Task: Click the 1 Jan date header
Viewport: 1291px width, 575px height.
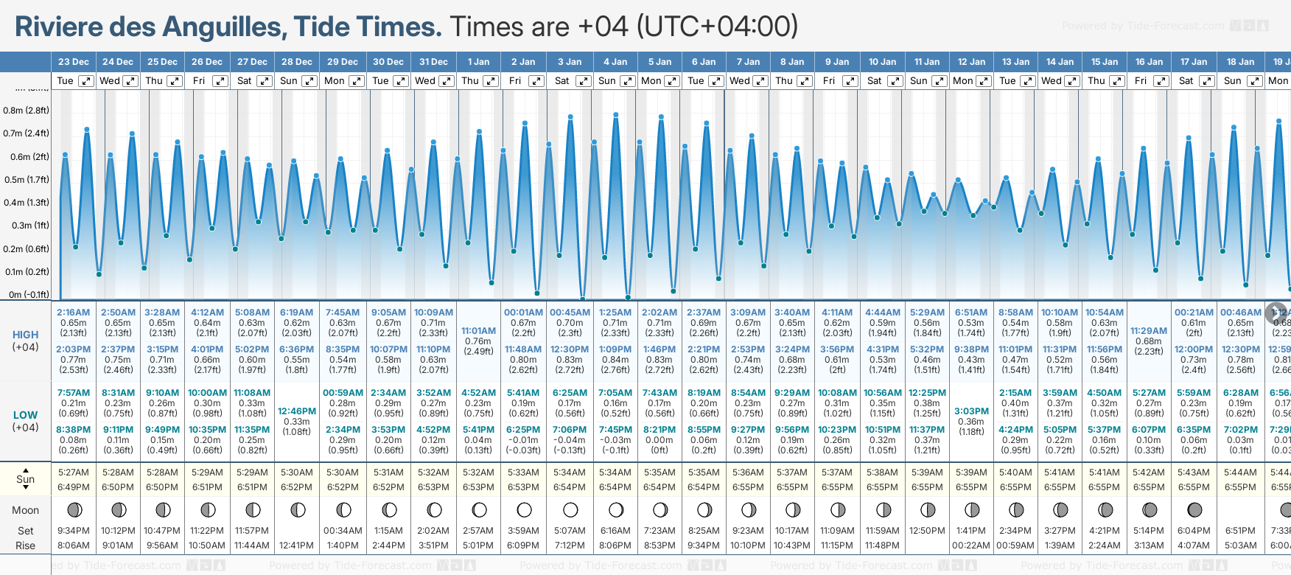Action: click(478, 62)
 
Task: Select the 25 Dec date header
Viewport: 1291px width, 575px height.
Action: click(162, 62)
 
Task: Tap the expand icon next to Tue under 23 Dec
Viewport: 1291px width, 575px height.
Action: click(86, 81)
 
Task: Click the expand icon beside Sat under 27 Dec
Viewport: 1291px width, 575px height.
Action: click(264, 81)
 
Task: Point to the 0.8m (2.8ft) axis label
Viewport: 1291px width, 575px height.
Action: click(26, 111)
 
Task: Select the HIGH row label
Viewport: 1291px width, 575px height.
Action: click(26, 335)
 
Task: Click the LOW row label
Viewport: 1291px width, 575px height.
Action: click(26, 415)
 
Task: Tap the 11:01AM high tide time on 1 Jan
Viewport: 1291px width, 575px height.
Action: click(478, 331)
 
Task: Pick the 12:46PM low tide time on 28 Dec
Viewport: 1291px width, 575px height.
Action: click(297, 411)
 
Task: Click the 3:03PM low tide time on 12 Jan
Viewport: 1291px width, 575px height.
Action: click(971, 411)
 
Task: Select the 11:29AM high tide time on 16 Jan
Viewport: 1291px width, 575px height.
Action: click(1149, 331)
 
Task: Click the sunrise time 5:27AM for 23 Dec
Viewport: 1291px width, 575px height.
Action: click(74, 473)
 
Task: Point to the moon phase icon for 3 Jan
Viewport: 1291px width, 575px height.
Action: click(570, 509)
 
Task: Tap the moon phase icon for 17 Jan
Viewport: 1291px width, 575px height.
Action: click(1194, 509)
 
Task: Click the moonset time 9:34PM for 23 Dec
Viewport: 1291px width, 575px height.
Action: click(74, 531)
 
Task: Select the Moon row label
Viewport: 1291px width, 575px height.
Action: click(26, 510)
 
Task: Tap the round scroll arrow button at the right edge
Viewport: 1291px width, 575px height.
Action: click(1276, 313)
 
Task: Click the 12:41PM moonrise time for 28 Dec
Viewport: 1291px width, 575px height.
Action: click(297, 546)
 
